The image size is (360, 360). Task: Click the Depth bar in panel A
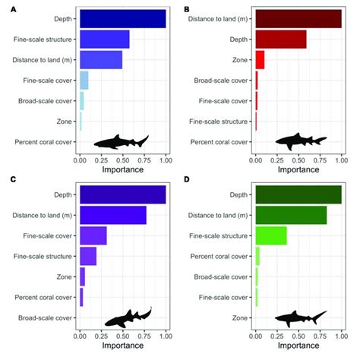click(122, 18)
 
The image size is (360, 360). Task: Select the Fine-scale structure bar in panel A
click(104, 39)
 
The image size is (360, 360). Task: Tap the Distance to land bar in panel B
click(298, 18)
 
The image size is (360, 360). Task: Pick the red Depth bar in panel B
click(281, 39)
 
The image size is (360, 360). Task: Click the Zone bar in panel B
click(260, 59)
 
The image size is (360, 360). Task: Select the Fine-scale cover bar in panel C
click(93, 235)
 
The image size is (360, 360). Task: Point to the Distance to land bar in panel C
click(112, 216)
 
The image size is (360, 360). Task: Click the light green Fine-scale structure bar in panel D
click(271, 235)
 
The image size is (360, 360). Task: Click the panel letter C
click(8, 179)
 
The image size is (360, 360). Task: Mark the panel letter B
click(187, 6)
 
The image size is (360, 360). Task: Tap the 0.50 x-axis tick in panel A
click(122, 161)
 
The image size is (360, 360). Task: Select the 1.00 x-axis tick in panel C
click(165, 338)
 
